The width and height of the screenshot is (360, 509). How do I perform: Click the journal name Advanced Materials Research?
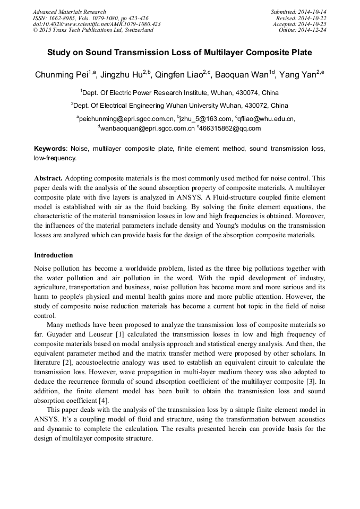[69, 12]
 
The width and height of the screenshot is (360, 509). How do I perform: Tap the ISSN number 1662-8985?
[63, 18]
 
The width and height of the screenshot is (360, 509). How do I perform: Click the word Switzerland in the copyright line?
[136, 30]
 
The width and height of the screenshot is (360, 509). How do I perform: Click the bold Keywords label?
[51, 149]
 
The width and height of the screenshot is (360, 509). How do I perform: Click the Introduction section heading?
[53, 255]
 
